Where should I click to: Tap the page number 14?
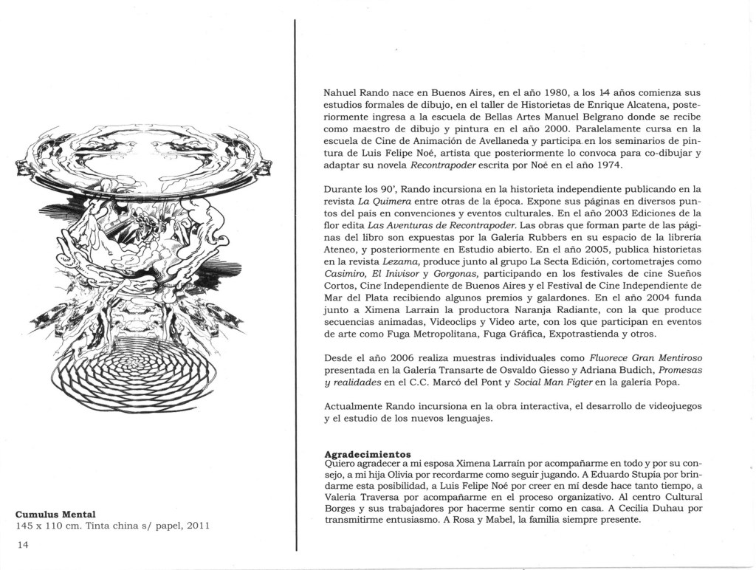[22, 544]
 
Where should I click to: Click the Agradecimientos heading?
[368, 453]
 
